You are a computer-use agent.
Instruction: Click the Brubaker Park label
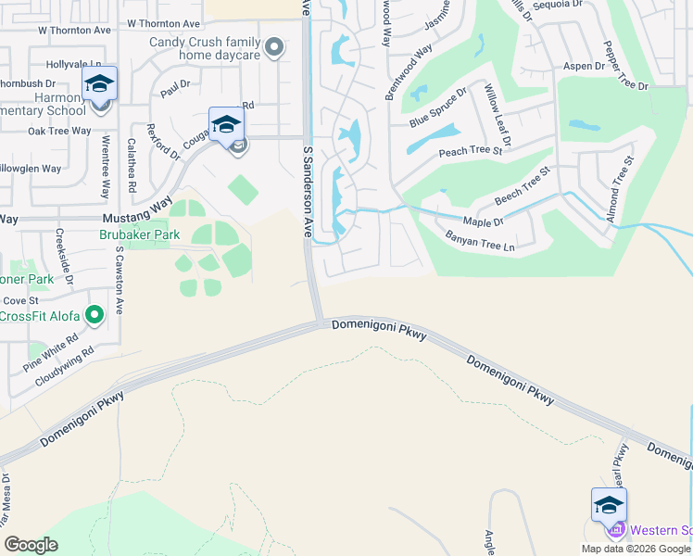pos(139,235)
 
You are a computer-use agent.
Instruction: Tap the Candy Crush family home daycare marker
pos(273,47)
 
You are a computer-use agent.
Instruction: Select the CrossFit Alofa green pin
pos(94,317)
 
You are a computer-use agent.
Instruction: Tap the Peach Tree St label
pos(471,150)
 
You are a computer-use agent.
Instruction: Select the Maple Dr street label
pos(483,222)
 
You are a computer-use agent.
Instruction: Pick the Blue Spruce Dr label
pos(438,109)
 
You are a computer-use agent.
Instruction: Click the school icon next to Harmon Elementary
pos(99,84)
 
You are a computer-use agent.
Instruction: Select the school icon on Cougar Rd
pos(226,125)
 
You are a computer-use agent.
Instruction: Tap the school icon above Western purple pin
pos(609,505)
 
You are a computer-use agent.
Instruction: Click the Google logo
pos(31,545)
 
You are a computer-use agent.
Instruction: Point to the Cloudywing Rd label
pos(65,366)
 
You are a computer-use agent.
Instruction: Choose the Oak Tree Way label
pos(59,131)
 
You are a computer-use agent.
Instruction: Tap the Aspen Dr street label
pos(584,67)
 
